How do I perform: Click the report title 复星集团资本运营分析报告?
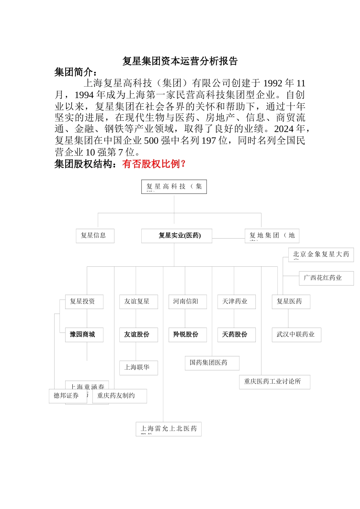coord(180,61)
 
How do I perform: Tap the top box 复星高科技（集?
coord(174,186)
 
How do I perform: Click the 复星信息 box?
coord(95,236)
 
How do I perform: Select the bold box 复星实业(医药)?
coord(177,236)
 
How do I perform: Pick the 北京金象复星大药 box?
coord(321,254)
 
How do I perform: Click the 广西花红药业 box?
coord(326,278)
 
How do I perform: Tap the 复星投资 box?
coord(84,301)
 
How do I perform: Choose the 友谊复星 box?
coord(138,301)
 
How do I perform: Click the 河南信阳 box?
coord(187,301)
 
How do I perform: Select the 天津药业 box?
coord(236,301)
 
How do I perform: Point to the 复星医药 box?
coord(291,301)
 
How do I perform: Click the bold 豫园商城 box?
coord(84,334)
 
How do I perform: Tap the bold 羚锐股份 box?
coord(187,334)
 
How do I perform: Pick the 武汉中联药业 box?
coord(296,334)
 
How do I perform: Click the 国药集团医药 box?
coord(212,363)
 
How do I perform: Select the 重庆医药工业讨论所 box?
coord(274,382)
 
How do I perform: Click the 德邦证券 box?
coord(67,396)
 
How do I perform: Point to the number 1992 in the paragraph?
coord(273,83)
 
